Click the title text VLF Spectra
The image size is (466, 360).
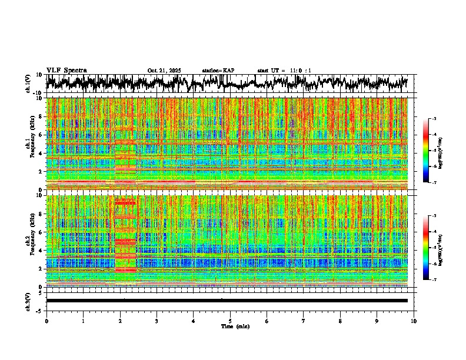pyautogui.click(x=66, y=71)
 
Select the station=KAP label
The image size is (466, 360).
pyautogui.click(x=218, y=71)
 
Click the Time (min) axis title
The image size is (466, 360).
pyautogui.click(x=235, y=326)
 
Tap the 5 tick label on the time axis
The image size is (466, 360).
pyautogui.click(x=230, y=321)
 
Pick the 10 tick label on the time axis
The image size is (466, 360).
pyautogui.click(x=414, y=321)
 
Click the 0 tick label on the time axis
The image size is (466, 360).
pyautogui.click(x=46, y=321)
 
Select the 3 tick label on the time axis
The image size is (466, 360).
pyautogui.click(x=157, y=321)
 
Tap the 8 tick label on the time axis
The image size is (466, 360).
pyautogui.click(x=340, y=321)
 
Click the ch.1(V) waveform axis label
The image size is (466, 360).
pyautogui.click(x=28, y=84)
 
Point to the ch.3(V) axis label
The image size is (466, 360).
pyautogui.click(x=28, y=301)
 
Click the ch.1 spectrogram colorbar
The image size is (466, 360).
pyautogui.click(x=425, y=151)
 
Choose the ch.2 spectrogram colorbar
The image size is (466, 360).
pyautogui.click(x=425, y=248)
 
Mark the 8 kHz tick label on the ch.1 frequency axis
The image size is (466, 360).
pyautogui.click(x=41, y=116)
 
